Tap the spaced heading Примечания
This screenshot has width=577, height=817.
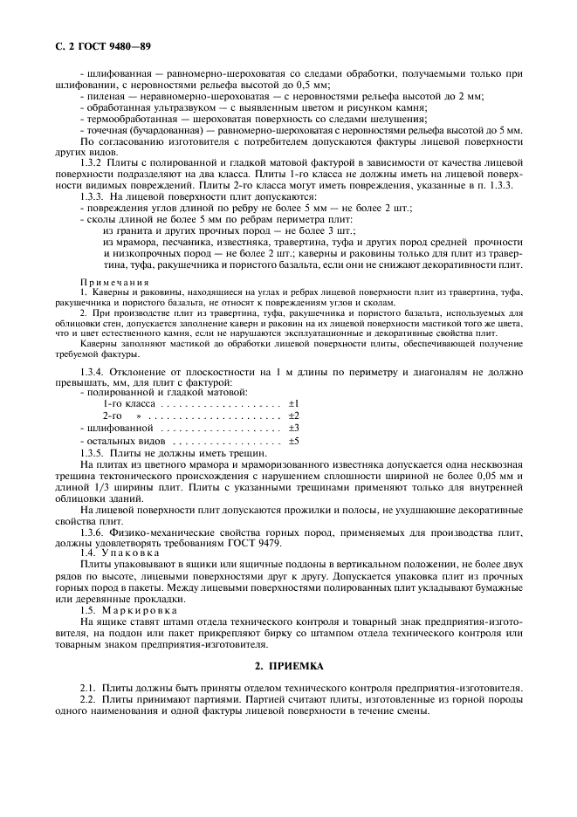click(113, 284)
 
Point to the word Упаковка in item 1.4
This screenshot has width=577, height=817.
click(130, 553)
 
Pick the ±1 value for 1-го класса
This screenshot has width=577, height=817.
click(293, 403)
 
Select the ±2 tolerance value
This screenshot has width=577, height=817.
click(293, 416)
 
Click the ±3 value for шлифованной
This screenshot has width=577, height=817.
click(293, 429)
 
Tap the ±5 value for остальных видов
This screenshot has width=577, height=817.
click(293, 442)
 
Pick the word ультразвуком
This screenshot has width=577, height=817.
click(175, 107)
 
